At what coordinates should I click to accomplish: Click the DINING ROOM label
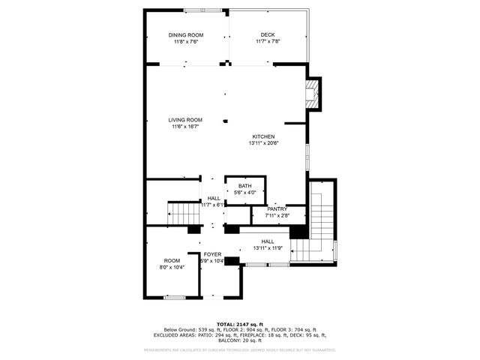(185, 35)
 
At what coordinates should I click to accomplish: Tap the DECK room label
(268, 35)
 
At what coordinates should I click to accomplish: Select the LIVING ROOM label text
(185, 120)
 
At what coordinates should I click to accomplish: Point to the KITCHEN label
(262, 136)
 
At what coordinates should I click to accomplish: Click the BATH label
(245, 186)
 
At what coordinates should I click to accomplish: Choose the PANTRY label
(277, 209)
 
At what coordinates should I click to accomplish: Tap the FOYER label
(212, 254)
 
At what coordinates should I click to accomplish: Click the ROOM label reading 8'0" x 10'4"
(172, 261)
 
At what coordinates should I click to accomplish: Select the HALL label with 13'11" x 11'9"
(268, 241)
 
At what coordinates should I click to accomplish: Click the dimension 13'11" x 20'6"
(262, 143)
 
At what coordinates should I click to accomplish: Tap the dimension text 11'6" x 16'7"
(185, 127)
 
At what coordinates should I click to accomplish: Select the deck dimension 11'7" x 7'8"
(268, 42)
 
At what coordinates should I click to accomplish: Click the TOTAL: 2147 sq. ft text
(239, 323)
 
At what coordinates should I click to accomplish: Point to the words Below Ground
(180, 329)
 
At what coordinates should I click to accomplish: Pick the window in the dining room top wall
(202, 10)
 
